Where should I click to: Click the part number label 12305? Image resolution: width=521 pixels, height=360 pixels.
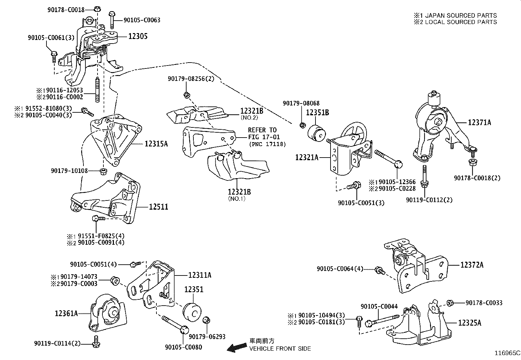[138, 36]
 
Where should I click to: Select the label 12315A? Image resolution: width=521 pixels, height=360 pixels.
[156, 143]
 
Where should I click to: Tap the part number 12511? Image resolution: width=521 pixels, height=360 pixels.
[159, 207]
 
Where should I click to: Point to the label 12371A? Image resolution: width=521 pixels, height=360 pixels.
[479, 123]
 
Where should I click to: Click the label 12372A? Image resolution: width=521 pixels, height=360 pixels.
[472, 265]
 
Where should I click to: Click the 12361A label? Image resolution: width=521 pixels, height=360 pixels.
[66, 313]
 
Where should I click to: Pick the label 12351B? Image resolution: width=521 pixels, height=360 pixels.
[317, 113]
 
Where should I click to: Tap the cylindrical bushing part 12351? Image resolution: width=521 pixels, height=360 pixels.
[192, 311]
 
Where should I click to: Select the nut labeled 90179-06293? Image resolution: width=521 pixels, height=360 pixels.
[207, 320]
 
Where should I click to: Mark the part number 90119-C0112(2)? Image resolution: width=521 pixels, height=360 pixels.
[429, 200]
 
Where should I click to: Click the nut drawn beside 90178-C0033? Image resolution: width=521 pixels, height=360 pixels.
[449, 303]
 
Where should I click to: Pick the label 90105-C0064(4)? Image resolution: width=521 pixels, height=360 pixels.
[340, 269]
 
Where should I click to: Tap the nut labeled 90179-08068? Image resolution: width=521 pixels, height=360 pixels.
[303, 125]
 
